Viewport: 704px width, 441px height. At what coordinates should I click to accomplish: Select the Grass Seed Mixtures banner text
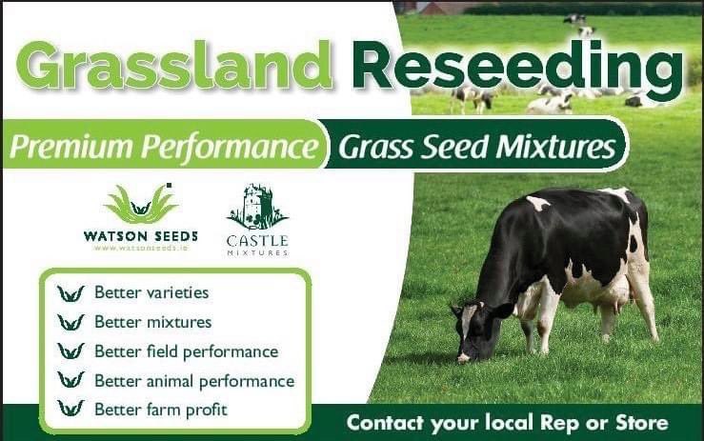[475, 148]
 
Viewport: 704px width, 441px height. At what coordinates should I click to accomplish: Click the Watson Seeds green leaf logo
[140, 204]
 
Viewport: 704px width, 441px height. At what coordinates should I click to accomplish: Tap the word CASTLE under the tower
[257, 240]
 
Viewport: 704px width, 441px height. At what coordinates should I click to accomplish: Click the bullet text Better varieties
[151, 292]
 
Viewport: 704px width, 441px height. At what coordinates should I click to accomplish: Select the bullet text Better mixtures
[152, 322]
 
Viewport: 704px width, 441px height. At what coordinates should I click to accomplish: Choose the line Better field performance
[186, 351]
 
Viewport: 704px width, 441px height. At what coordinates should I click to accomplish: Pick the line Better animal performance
[194, 381]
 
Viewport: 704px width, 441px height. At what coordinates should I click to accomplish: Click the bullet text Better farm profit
[160, 410]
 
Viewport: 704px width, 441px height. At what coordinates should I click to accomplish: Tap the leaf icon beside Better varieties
[70, 292]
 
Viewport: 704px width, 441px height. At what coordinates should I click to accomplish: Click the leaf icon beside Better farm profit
[70, 410]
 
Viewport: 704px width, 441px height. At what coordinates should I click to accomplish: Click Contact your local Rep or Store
[507, 422]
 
